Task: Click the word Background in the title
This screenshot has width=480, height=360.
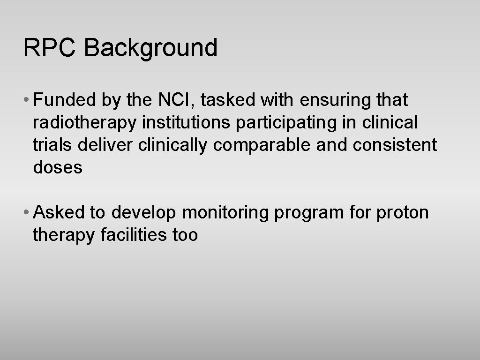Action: tap(151, 49)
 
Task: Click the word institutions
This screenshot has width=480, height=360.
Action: tap(186, 122)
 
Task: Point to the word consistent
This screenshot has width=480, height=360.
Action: tap(395, 145)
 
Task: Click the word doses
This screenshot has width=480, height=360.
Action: tap(58, 167)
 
